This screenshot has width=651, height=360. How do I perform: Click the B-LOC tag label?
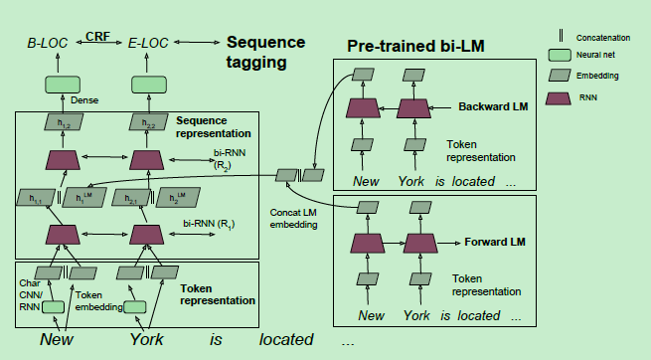point(49,44)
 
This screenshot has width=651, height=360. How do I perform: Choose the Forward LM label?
point(495,242)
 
